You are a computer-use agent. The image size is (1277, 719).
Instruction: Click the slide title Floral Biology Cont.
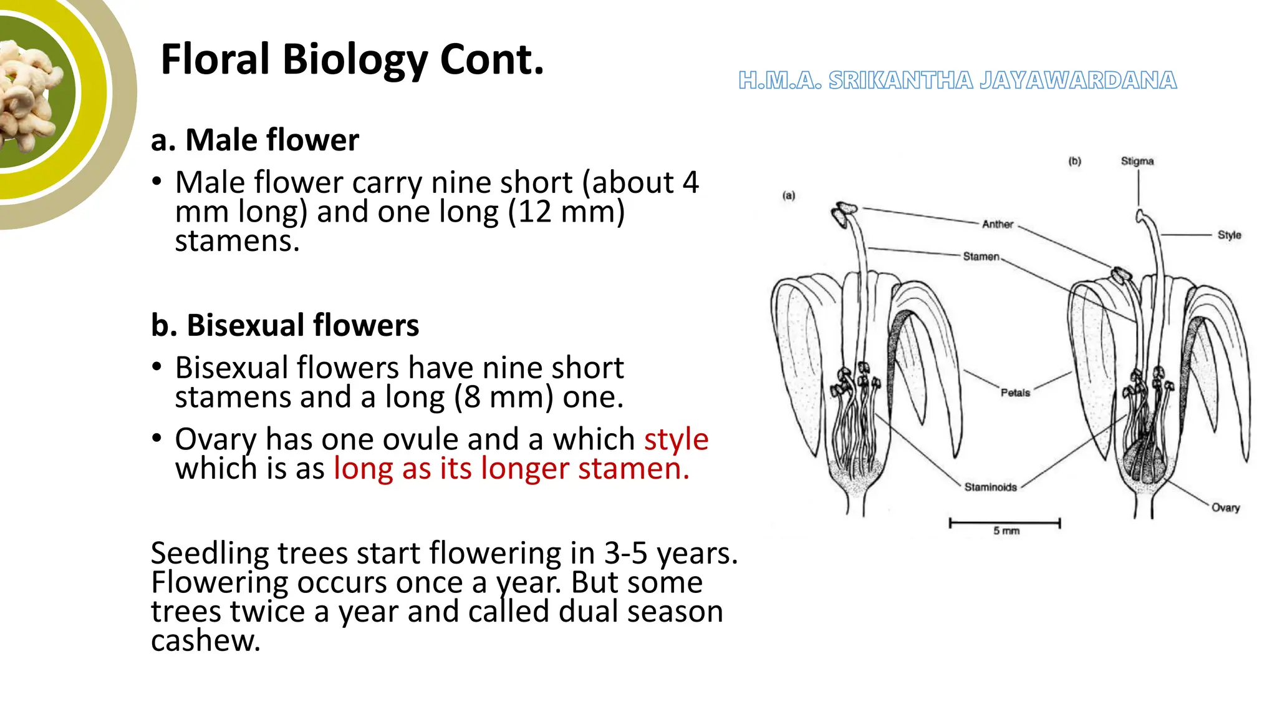click(x=352, y=60)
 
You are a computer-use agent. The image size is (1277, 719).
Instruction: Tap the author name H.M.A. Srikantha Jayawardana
click(x=957, y=81)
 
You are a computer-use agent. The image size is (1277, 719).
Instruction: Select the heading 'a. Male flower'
click(x=254, y=140)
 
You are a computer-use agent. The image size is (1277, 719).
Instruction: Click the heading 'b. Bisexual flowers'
click(x=285, y=325)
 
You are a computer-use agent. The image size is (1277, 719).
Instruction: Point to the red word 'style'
click(x=676, y=439)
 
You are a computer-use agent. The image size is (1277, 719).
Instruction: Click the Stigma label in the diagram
click(x=1137, y=161)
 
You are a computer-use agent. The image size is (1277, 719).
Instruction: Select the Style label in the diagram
click(x=1229, y=235)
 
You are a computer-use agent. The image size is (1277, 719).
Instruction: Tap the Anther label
click(x=997, y=224)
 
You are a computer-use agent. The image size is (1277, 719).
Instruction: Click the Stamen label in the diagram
click(x=981, y=257)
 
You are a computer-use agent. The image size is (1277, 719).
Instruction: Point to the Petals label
click(x=1015, y=393)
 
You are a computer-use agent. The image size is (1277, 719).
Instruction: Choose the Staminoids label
click(x=990, y=487)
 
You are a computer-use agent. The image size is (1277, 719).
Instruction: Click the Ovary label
click(x=1225, y=507)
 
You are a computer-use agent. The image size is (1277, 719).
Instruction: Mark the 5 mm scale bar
click(x=1004, y=523)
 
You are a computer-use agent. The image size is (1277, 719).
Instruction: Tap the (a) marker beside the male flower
click(x=789, y=195)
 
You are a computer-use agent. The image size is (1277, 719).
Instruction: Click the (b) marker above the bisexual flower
click(x=1074, y=161)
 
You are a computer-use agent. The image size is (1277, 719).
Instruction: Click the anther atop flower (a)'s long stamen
click(x=844, y=212)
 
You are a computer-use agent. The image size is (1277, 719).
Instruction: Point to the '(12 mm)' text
click(x=566, y=212)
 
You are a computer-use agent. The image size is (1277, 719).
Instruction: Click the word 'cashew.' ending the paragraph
click(x=206, y=640)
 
